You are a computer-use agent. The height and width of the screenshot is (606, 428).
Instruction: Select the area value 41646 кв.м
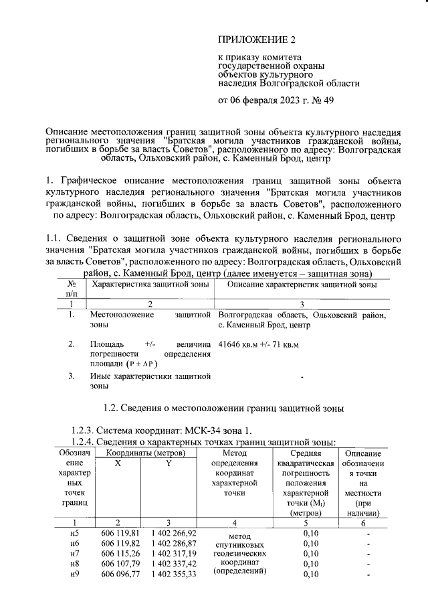click(x=239, y=345)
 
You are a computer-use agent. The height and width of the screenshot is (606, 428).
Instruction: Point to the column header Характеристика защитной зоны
click(x=150, y=285)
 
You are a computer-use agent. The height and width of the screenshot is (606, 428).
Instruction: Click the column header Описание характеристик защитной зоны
click(x=302, y=285)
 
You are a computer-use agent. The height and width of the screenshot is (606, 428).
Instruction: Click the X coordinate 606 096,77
click(x=120, y=575)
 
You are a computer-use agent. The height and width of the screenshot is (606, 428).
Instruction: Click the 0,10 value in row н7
click(x=310, y=554)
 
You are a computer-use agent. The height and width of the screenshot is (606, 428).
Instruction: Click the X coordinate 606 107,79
click(x=120, y=564)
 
